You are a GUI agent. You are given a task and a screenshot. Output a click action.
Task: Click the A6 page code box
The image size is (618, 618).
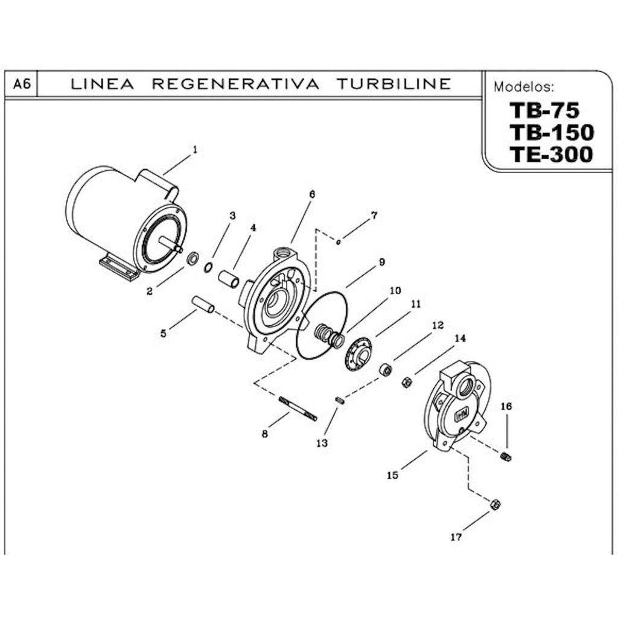(22, 84)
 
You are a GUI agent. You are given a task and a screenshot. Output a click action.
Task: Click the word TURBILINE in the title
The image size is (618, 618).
(393, 84)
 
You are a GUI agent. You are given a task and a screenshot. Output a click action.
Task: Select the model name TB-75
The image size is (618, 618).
(544, 110)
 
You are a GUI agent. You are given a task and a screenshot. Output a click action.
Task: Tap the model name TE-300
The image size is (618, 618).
(550, 155)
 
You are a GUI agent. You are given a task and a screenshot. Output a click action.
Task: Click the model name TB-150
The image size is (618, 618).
(551, 132)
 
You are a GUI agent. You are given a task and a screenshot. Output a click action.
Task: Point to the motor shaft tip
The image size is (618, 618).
(179, 248)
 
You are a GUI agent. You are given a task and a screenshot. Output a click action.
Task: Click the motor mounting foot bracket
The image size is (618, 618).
(119, 267)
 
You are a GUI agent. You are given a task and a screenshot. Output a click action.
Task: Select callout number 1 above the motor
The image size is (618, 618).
(195, 148)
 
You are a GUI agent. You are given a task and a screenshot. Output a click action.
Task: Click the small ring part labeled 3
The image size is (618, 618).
(208, 267)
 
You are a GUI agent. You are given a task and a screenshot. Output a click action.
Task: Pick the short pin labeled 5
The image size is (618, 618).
(203, 304)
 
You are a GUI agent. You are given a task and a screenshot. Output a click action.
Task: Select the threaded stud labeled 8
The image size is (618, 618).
(298, 408)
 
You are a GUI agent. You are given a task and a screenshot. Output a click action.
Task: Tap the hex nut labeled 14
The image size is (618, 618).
(407, 382)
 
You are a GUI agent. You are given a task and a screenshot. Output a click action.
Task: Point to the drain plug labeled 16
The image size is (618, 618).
(506, 457)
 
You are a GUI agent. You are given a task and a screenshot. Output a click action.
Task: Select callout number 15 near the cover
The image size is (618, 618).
(392, 476)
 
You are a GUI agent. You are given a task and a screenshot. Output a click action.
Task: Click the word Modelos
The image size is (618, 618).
(523, 87)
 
